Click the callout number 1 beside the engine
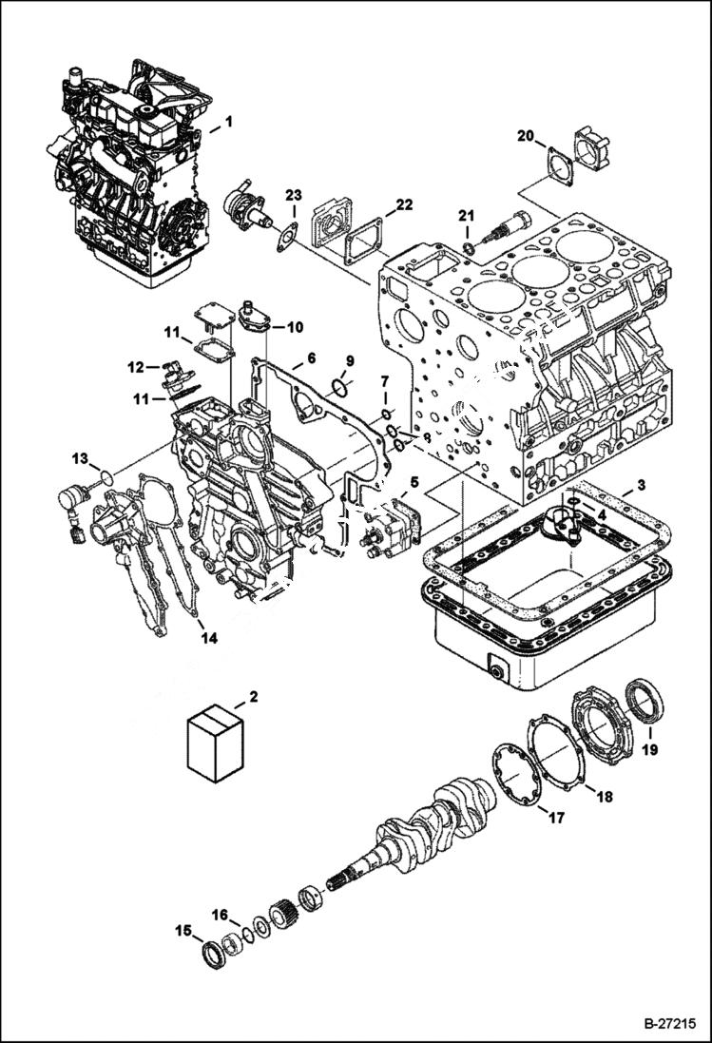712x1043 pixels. (228, 124)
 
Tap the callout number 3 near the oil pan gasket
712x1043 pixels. (642, 485)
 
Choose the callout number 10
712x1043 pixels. (295, 327)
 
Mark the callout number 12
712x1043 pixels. (137, 365)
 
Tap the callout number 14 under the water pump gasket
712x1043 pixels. (208, 638)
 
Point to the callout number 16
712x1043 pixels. (220, 915)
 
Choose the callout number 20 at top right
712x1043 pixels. (525, 136)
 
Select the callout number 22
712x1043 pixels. (404, 204)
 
